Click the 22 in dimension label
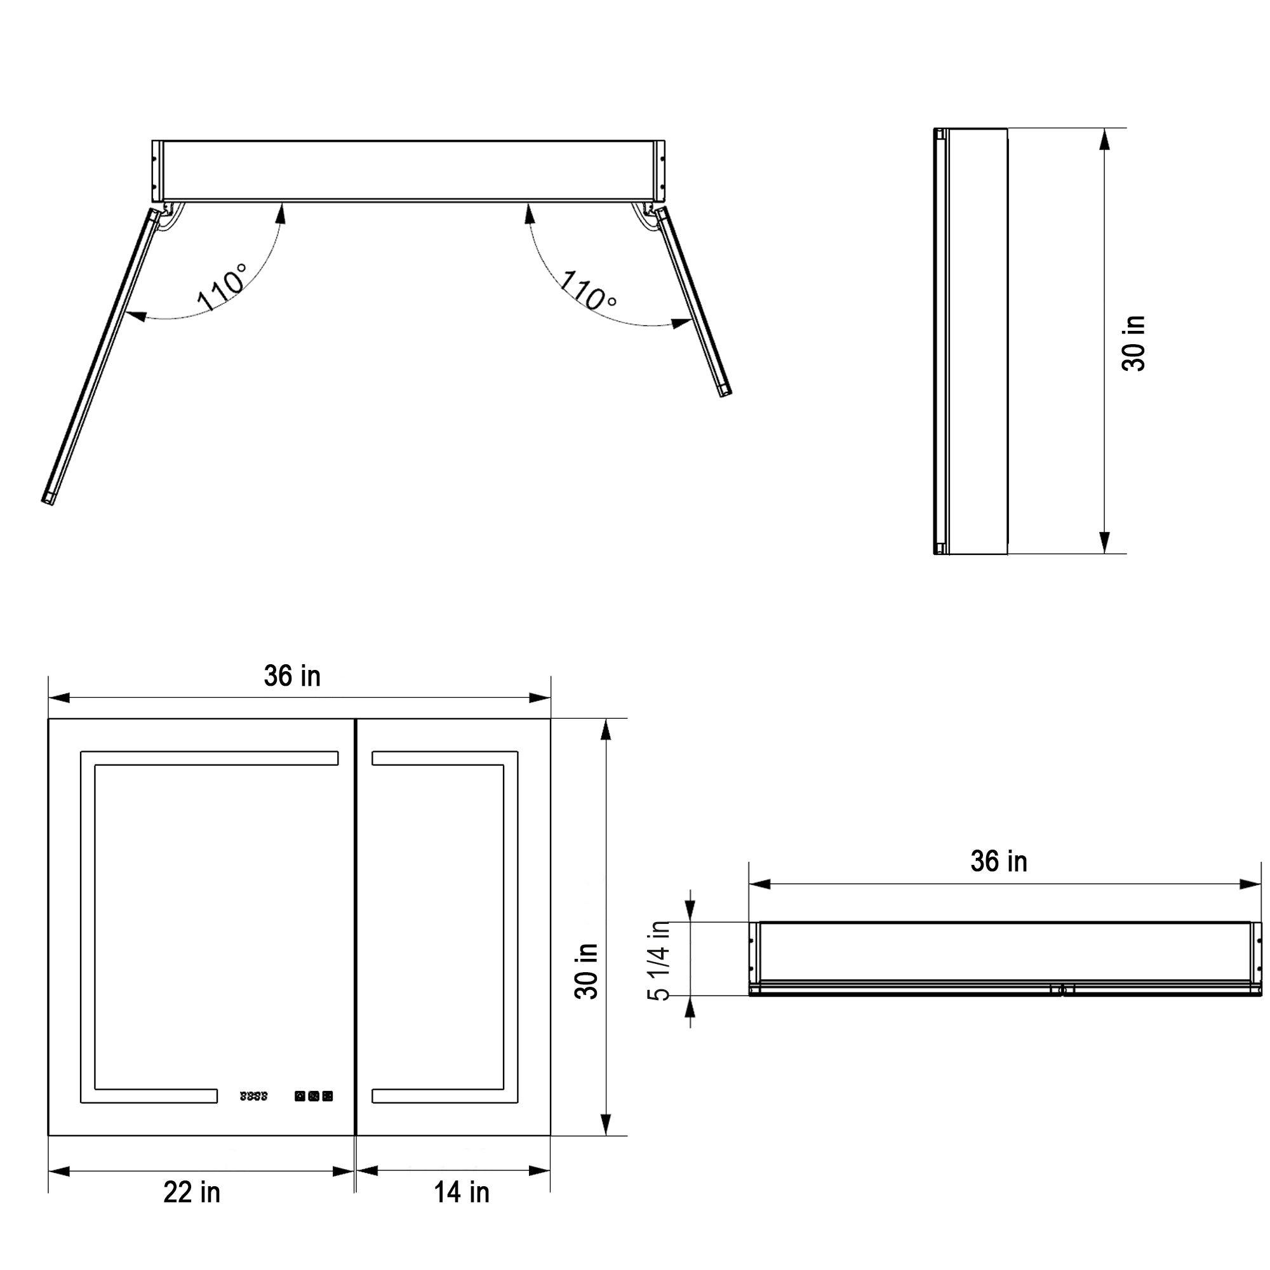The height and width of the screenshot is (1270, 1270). point(191,1210)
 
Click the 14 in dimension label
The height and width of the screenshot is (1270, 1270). point(462,1210)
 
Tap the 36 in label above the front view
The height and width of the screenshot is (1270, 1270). point(292,676)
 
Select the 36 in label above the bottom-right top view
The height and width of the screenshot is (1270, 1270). point(998,861)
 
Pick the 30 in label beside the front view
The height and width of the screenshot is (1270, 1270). point(586,972)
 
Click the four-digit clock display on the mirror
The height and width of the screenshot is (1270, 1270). point(254,1096)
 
